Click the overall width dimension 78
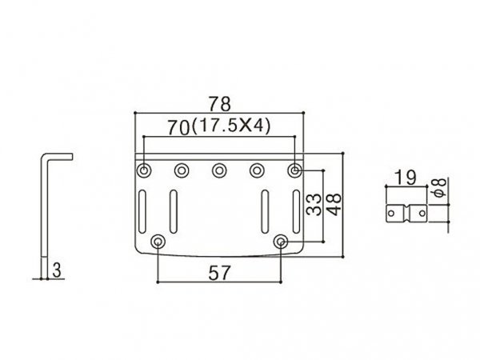219,104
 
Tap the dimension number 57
219,272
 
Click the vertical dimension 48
336,200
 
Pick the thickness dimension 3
55,270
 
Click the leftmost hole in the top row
143,170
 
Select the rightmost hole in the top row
295,170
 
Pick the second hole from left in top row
181,170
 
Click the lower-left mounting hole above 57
158,241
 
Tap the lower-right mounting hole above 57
282,241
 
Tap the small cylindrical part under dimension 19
404,215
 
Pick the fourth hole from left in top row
258,170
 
